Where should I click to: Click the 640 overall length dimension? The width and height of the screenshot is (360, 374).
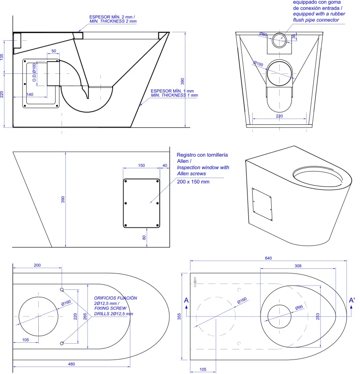[x=268, y=258]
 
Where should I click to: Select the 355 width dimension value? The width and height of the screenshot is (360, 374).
[x=179, y=316]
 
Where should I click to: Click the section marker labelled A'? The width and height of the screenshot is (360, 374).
[x=352, y=301]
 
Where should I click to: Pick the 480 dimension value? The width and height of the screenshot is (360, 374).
[x=71, y=364]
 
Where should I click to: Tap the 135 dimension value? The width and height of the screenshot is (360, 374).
[x=2, y=56]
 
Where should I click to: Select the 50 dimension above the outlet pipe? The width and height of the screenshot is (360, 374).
[x=54, y=50]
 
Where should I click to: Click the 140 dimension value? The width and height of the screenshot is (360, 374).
[x=29, y=94]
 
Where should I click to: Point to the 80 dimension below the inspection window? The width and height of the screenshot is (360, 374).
[x=144, y=237]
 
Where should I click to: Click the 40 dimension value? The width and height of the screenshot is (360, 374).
[x=164, y=165]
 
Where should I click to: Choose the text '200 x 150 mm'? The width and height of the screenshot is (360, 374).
[x=193, y=181]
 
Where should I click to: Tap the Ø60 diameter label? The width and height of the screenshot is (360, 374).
[x=263, y=34]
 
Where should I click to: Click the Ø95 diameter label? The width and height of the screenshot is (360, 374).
[x=299, y=307]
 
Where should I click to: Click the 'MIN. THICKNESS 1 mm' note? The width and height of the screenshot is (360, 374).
[x=174, y=95]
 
